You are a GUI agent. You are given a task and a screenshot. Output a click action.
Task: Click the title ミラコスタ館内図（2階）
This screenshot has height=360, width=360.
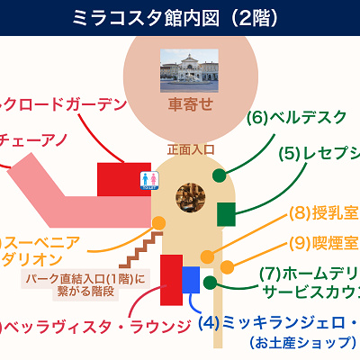click(180, 16)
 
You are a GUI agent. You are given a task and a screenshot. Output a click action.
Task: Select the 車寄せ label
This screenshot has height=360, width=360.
click(190, 104)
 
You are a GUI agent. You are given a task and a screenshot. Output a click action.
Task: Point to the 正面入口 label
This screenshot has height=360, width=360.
click(191, 148)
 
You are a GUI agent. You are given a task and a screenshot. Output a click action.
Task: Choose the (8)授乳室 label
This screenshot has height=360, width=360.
click(324, 214)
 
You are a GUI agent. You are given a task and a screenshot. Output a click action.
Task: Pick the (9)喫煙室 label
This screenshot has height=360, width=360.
click(324, 242)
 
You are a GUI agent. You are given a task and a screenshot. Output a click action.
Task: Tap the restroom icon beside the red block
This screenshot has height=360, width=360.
click(150, 180)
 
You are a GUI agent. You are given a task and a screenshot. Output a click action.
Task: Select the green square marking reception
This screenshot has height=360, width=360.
click(226, 214)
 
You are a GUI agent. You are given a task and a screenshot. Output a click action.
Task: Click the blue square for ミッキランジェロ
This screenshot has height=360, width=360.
click(191, 279)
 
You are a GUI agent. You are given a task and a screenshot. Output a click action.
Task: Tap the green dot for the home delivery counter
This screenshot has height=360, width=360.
click(210, 283)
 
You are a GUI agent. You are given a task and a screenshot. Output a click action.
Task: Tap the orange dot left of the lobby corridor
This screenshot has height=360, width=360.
click(159, 223)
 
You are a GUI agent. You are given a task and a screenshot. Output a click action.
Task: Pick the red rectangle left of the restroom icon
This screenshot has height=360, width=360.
click(123, 177)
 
